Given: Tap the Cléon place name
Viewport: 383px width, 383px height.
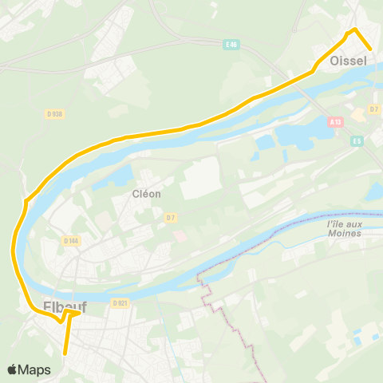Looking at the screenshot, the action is [x=147, y=193].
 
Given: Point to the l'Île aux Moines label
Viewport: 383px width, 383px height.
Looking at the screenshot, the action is [x=344, y=229].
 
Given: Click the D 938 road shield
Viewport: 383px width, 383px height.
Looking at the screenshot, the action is [x=54, y=114].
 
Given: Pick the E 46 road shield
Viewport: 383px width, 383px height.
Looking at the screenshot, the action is [x=232, y=45].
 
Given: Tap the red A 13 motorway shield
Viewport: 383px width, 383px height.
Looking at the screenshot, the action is [x=336, y=122].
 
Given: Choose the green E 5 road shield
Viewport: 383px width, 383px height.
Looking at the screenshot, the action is [x=357, y=140].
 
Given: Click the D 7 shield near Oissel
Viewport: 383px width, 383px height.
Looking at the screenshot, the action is [x=374, y=109].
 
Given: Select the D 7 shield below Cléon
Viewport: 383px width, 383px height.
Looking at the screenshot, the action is [x=170, y=217].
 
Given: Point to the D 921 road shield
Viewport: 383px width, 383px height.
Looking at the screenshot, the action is [x=120, y=303].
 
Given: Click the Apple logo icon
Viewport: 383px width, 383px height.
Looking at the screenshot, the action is [x=13, y=370].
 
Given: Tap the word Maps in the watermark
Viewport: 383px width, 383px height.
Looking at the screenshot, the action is [x=34, y=370].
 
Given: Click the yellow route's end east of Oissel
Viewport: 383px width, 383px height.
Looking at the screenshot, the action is [x=370, y=49].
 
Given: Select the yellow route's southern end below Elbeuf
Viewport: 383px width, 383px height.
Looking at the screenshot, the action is [x=65, y=352].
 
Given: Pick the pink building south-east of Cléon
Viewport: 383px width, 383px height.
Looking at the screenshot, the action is [x=179, y=237].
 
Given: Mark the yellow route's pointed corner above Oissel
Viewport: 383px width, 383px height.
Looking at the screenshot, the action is [x=353, y=30].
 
